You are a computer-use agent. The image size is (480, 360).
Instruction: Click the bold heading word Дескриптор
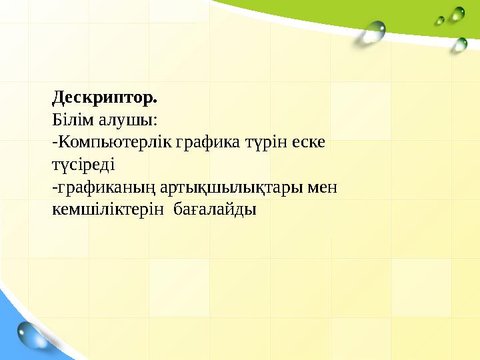coord(103,98)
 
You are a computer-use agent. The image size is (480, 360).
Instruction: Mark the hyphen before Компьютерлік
coord(54,144)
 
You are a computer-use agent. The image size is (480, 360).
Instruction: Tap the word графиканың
coord(95,188)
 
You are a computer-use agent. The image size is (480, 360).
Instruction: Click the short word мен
coord(321,188)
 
